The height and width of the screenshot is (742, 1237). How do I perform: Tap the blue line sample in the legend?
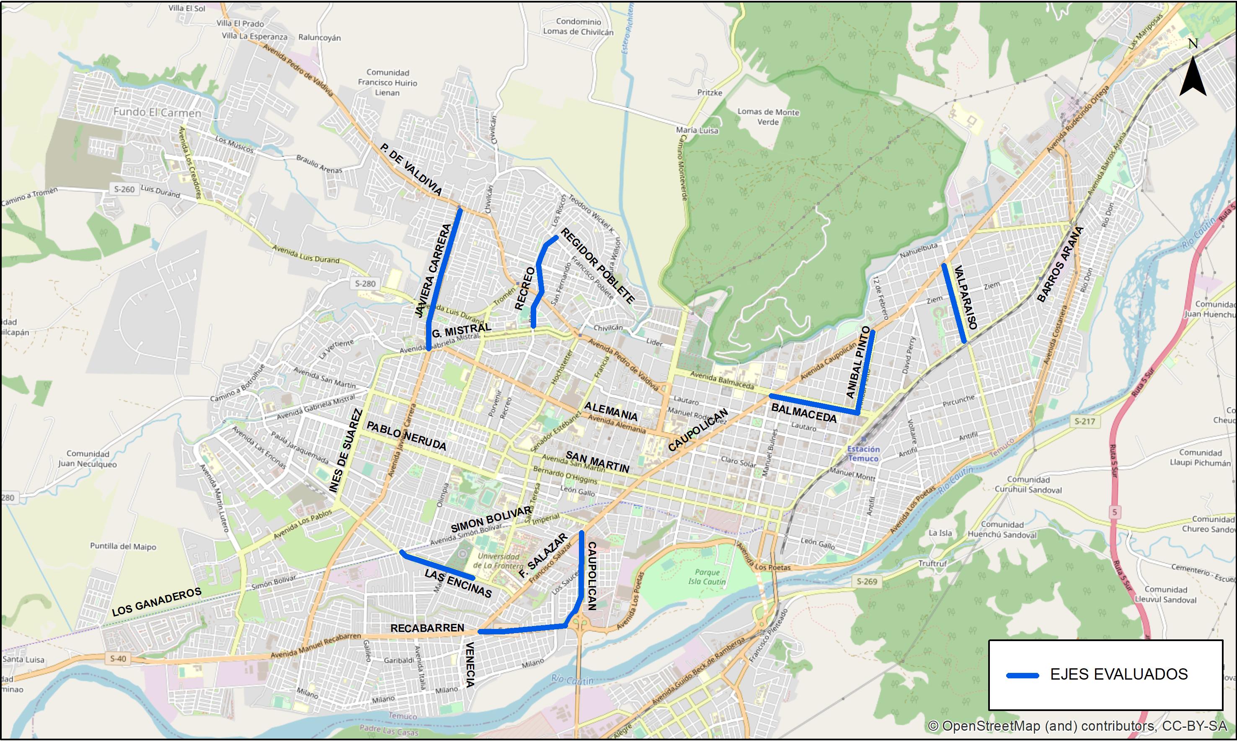1023,675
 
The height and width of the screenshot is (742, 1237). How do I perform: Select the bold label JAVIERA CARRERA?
433,271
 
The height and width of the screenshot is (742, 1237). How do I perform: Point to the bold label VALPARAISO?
966,297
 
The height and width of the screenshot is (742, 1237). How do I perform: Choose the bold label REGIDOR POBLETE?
597,265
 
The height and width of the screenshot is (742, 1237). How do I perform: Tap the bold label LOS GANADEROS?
156,601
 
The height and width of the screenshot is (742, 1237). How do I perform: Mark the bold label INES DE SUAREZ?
346,451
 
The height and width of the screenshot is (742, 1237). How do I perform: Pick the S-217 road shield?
1085,422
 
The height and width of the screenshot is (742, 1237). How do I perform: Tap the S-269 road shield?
866,582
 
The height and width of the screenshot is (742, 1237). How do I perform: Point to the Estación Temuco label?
863,453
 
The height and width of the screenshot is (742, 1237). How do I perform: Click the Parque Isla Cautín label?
707,577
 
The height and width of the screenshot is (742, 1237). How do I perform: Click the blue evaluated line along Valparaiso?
954,303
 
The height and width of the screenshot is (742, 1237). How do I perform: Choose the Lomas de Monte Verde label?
768,117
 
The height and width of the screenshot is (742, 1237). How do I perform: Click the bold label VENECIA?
470,665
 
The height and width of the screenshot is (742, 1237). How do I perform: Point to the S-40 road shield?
118,659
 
